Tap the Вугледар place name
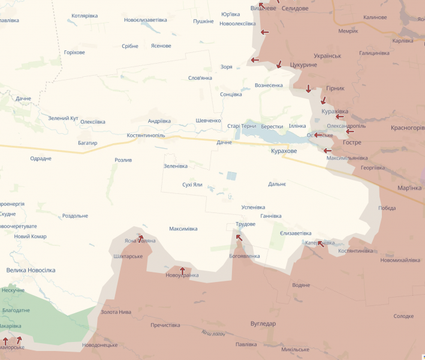(x=263, y=323)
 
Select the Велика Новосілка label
(x=31, y=270)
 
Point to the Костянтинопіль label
(x=146, y=136)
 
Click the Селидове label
(x=294, y=8)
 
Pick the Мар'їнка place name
(x=409, y=188)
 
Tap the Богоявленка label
(x=245, y=256)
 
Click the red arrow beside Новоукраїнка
(x=182, y=271)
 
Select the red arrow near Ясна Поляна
(x=140, y=238)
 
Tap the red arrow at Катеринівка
(x=321, y=243)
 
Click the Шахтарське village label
(x=128, y=256)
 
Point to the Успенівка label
(x=253, y=207)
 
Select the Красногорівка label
(x=407, y=128)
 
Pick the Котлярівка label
(x=85, y=16)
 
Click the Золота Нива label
(x=116, y=312)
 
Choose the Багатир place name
(x=88, y=143)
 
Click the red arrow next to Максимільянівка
(x=327, y=151)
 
